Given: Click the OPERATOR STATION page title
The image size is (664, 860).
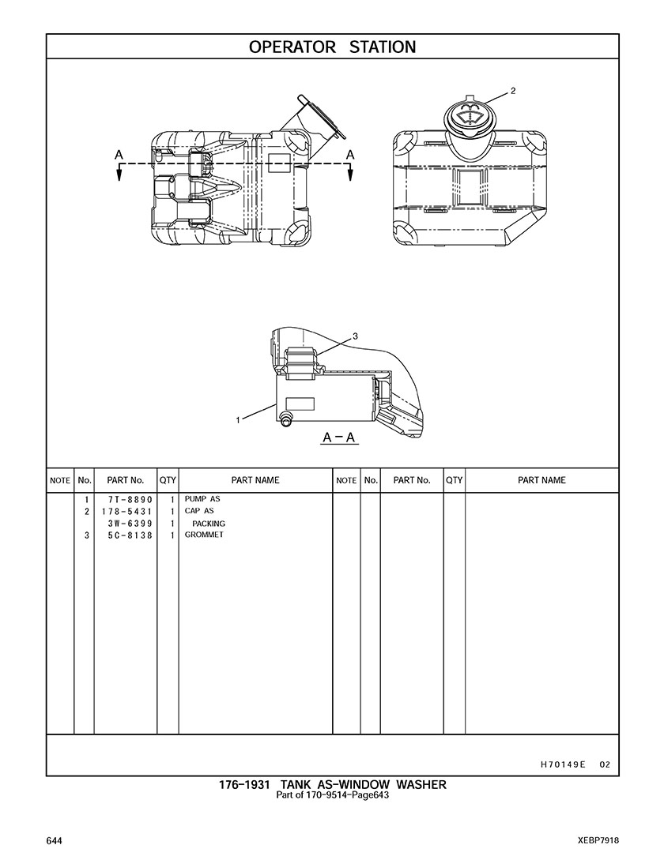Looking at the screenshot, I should click(x=332, y=47).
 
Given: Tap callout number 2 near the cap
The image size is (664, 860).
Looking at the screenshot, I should click(x=513, y=91).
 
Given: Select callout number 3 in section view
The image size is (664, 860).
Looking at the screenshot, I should click(x=355, y=336).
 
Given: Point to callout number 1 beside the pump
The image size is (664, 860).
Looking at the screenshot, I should click(x=238, y=420).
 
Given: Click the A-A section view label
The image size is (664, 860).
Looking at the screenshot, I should click(x=339, y=437).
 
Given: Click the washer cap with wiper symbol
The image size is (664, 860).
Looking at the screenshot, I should click(x=468, y=117).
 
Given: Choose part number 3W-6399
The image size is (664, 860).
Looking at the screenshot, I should click(x=130, y=524).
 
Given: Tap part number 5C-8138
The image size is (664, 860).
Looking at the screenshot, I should click(x=130, y=535).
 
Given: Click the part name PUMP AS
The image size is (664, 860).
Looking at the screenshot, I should click(x=202, y=500).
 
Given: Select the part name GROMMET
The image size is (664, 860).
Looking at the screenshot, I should click(x=204, y=535).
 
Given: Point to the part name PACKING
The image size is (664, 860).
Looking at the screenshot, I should click(x=209, y=524).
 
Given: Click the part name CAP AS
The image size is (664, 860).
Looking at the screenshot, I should click(x=199, y=512).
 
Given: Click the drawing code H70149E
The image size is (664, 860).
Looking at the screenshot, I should click(x=563, y=764).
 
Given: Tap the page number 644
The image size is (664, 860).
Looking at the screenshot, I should click(x=54, y=840).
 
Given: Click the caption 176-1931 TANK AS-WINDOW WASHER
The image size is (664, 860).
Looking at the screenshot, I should click(x=332, y=784).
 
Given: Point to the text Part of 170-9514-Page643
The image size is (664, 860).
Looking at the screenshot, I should click(x=332, y=795).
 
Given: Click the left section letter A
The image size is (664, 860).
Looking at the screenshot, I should click(x=118, y=155).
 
